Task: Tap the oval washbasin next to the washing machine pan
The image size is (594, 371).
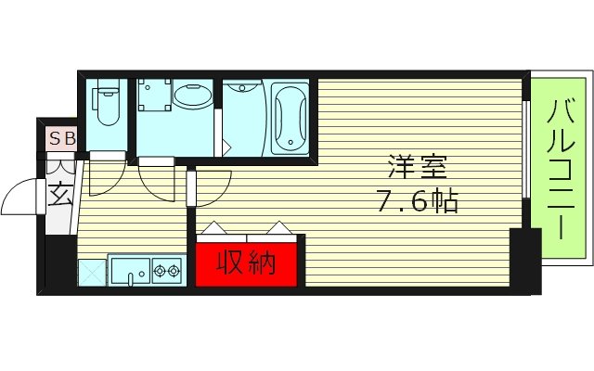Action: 193,98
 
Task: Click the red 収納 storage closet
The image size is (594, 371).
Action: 248,263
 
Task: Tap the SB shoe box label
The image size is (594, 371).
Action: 62,139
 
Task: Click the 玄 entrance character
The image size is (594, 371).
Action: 59,197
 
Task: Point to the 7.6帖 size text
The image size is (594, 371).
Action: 418,202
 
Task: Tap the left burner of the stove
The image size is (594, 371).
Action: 157,271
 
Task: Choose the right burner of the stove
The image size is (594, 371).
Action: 174,271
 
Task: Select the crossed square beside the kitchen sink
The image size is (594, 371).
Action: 92,272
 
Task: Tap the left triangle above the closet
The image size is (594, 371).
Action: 214,228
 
